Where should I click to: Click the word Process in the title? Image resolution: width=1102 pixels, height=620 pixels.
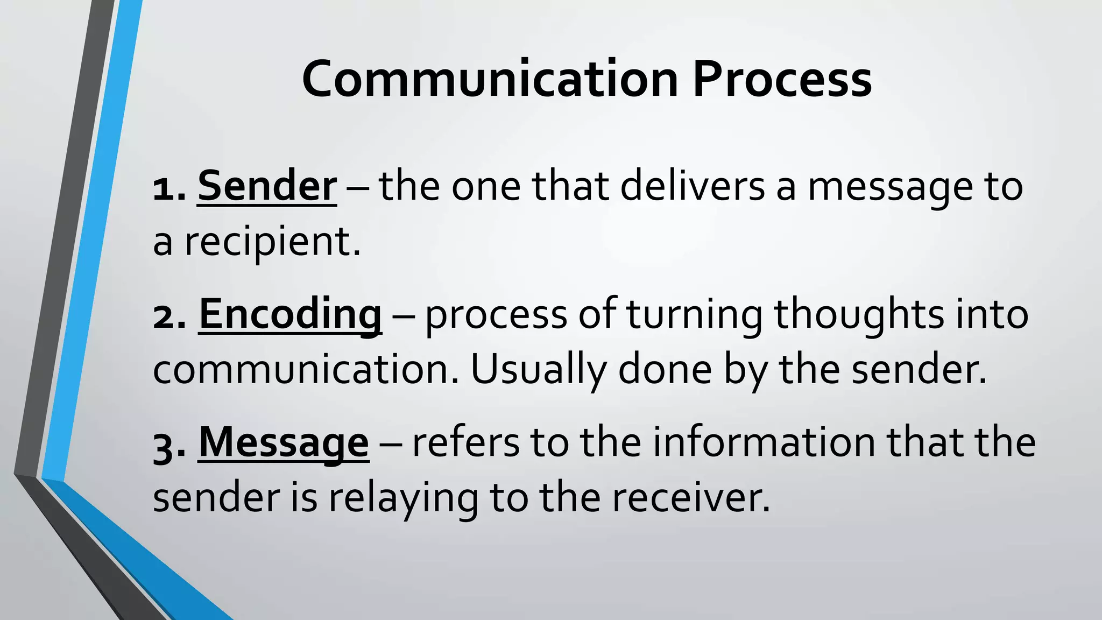coord(782,80)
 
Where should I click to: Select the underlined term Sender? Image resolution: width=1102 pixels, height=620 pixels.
coord(267,186)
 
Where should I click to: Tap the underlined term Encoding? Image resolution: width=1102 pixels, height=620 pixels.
coord(290,314)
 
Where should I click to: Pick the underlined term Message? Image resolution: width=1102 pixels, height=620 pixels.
coord(284,442)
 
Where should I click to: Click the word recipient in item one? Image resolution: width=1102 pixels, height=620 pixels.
coord(272,241)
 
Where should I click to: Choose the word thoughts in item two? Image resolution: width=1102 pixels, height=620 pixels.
coord(859,314)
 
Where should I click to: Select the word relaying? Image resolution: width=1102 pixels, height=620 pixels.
coord(403,498)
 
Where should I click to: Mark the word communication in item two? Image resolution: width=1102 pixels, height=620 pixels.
coord(306,370)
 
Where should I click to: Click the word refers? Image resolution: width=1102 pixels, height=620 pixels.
coord(465,442)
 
